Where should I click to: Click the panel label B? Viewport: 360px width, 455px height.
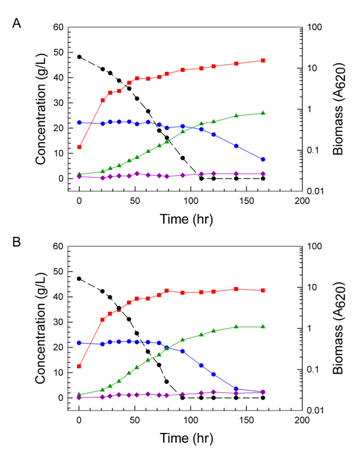16,242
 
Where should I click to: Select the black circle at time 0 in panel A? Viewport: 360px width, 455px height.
79,57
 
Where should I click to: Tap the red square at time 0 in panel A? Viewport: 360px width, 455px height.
79,147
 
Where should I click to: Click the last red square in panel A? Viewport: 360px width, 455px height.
263,60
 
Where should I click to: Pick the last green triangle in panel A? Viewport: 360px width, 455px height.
263,113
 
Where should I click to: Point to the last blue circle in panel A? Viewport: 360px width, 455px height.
263,160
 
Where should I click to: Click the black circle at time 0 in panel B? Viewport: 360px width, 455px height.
79,278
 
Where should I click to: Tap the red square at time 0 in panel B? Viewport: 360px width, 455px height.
79,366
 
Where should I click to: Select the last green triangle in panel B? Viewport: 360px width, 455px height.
263,327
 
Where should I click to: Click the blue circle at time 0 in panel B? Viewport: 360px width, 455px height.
79,343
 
